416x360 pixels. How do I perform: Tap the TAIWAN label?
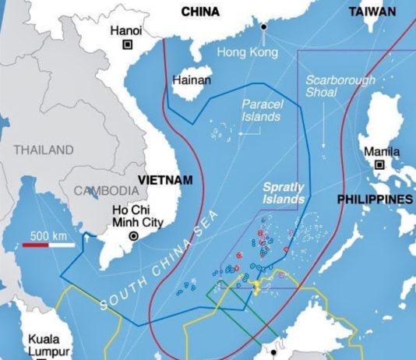(372, 12)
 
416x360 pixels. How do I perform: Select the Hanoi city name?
(126, 30)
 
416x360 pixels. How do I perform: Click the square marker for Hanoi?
(127, 46)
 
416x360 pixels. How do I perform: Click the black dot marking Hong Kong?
(264, 27)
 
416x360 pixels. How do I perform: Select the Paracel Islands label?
(262, 109)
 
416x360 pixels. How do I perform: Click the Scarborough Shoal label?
(340, 86)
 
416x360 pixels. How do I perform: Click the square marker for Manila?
(380, 165)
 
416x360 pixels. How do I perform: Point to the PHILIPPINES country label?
(374, 200)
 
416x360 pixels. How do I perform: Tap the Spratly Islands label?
(283, 194)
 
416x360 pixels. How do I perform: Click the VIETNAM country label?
(165, 179)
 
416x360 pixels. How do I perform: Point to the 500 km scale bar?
(48, 245)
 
